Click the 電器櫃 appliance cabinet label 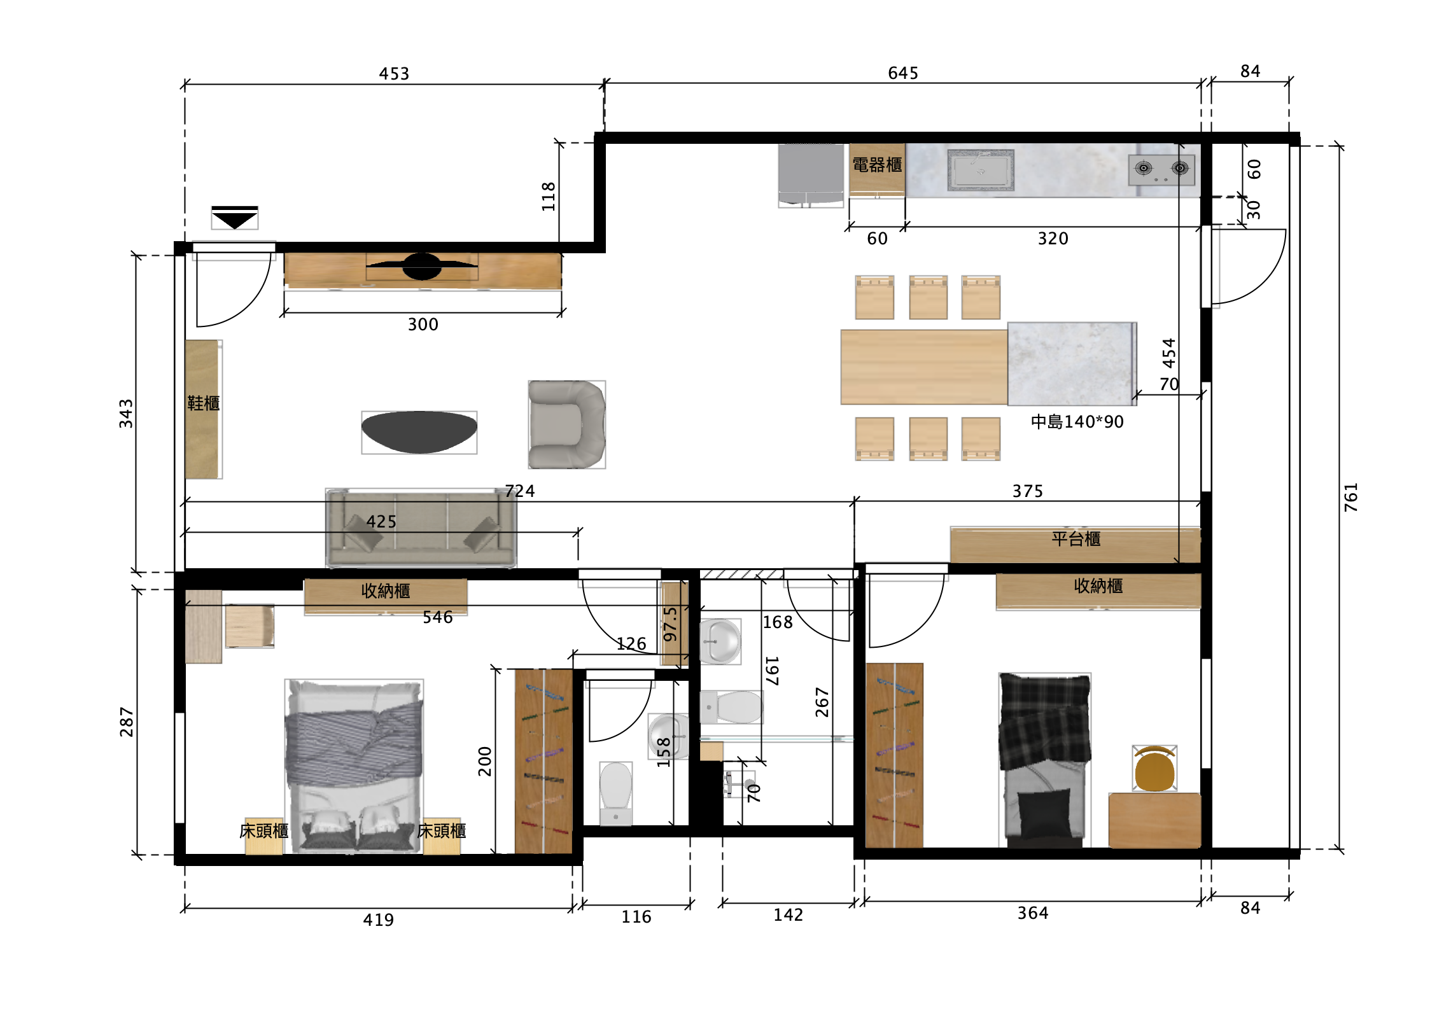tap(877, 165)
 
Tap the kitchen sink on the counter tap(980, 170)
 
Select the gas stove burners tap(1161, 169)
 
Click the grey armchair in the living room tap(566, 424)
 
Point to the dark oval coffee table tap(419, 432)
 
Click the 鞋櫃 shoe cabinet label tap(204, 403)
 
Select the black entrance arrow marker tap(235, 217)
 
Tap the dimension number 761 tap(1350, 497)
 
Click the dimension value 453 tap(394, 74)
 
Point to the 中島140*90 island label tap(1077, 421)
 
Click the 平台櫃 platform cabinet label tap(1076, 539)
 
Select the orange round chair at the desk tap(1154, 768)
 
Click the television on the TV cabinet tap(422, 266)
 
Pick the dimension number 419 tap(378, 919)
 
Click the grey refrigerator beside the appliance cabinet tap(811, 175)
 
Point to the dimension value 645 tap(903, 73)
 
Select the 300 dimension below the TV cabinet tap(423, 325)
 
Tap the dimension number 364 tap(1033, 913)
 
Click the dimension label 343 tap(126, 414)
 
